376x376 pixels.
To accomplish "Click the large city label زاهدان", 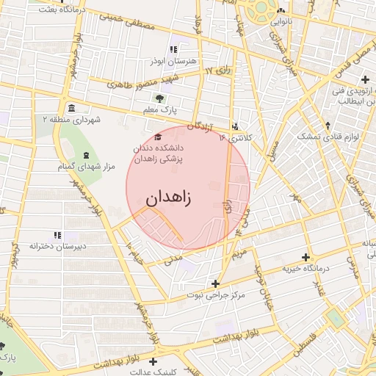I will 168,198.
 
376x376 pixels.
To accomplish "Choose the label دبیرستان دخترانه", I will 57,247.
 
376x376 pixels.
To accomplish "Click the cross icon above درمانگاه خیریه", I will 306,257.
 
